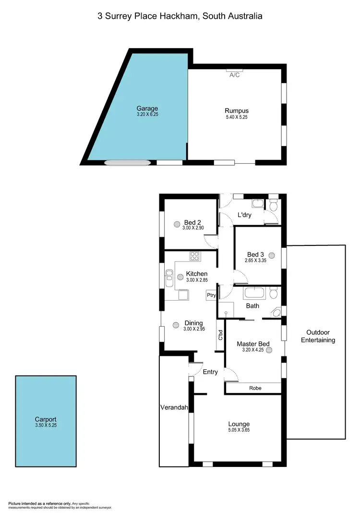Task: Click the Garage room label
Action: (x=147, y=109)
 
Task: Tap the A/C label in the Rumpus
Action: (x=235, y=75)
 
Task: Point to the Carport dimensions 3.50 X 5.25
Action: (x=46, y=425)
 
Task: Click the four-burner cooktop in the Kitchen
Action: (x=194, y=256)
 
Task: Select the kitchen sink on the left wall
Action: (x=169, y=278)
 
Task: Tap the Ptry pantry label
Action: (x=211, y=296)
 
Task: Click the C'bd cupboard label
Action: (x=220, y=335)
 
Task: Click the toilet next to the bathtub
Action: (x=273, y=292)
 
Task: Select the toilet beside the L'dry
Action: (x=274, y=205)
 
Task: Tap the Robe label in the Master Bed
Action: (x=255, y=388)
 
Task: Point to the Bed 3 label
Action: (x=255, y=255)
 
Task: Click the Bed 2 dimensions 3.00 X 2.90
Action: (x=192, y=228)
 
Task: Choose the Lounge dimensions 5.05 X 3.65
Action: (x=239, y=430)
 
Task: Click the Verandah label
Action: (x=173, y=407)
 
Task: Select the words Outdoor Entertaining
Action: (x=318, y=336)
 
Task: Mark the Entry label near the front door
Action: (x=210, y=372)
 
